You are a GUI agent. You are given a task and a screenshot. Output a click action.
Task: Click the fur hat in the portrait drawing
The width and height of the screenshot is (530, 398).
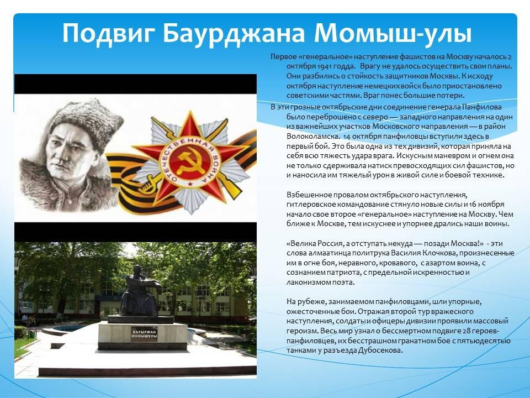tap(87, 122)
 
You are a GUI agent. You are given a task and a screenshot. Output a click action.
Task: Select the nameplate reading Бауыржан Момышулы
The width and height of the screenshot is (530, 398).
tap(144, 334)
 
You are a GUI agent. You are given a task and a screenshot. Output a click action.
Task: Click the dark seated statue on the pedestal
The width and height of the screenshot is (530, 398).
tap(139, 291)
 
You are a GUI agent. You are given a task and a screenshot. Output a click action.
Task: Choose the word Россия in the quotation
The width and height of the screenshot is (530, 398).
tap(330, 243)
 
